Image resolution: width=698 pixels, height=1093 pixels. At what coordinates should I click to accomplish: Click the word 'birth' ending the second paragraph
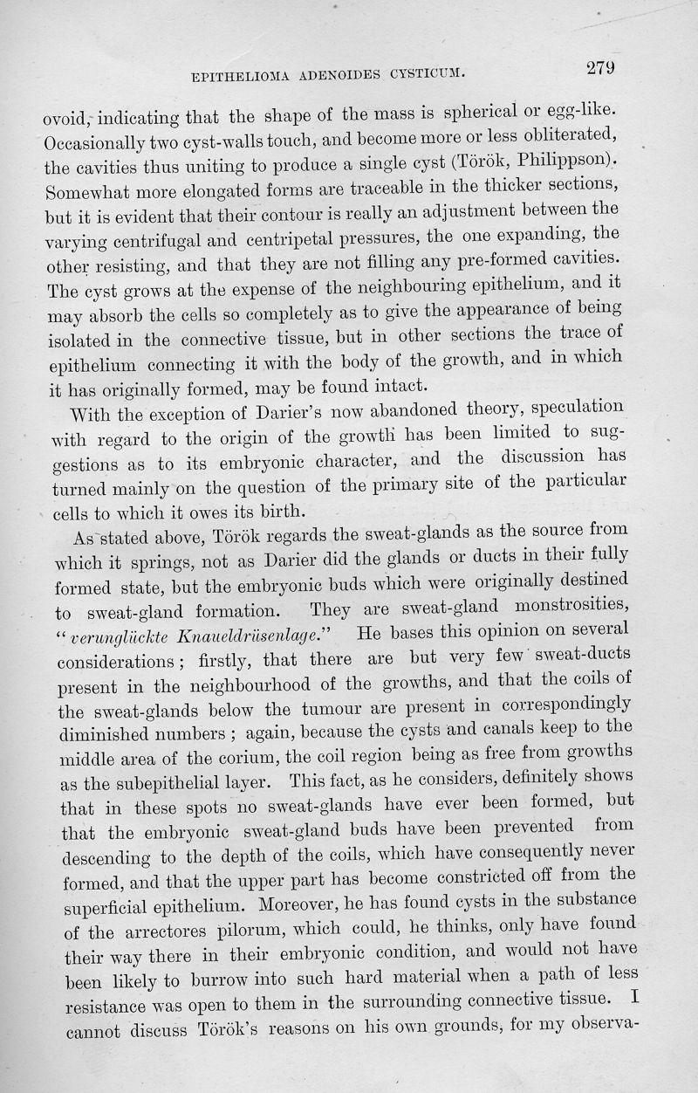(x=278, y=512)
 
